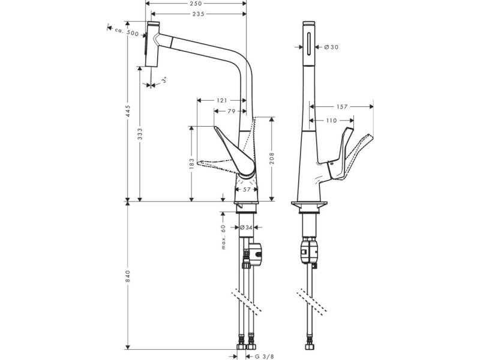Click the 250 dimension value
coord(196,4)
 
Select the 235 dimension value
coord(199,14)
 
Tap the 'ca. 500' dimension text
coord(127,32)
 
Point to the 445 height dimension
coord(128,111)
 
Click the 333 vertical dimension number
coord(140,134)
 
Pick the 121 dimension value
coord(222,100)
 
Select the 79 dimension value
coord(232,111)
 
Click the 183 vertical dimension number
coord(192,164)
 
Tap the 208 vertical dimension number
coord(272,158)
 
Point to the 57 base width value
coord(247,190)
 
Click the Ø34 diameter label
coord(246,227)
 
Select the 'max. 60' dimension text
coord(223,236)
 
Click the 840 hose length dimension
coord(128,277)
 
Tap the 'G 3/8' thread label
coord(264,356)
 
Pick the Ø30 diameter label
coord(331,47)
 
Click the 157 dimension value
coord(342,107)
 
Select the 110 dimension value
coord(331,121)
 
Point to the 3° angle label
coord(164,80)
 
